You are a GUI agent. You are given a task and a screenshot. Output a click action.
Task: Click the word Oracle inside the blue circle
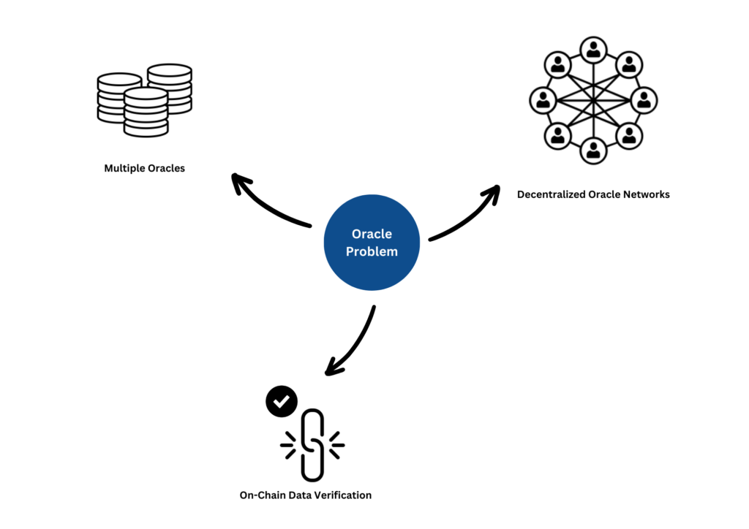coord(372,234)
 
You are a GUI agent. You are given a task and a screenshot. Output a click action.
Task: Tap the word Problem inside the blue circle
coord(372,251)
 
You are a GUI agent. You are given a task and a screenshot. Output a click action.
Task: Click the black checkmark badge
coord(282,401)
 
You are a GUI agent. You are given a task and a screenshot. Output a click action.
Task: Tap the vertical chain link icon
coord(312,445)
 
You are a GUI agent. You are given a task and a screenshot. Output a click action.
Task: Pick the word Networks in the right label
coord(647,194)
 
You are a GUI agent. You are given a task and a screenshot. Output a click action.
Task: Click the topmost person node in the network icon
coord(593,50)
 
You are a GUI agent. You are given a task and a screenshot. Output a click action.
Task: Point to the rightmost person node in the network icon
coord(644,100)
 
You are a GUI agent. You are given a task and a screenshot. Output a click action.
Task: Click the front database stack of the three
coord(146,113)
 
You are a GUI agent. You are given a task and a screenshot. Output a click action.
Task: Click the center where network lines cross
coord(593,100)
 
